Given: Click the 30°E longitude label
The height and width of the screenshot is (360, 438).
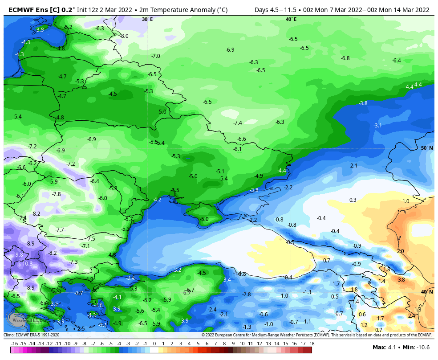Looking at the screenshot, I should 147,19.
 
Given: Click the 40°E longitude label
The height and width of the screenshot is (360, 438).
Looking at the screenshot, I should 291,19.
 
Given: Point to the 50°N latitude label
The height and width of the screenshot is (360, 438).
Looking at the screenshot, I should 427,148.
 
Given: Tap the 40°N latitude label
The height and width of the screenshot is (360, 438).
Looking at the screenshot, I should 427,292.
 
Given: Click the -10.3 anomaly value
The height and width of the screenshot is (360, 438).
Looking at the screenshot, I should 26,264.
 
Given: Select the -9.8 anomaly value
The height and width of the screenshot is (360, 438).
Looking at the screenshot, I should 18,255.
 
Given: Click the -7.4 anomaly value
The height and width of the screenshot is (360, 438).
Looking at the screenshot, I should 237,123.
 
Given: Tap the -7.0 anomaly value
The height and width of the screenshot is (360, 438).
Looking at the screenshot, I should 155,56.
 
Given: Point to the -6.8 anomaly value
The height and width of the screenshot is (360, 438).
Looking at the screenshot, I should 345,58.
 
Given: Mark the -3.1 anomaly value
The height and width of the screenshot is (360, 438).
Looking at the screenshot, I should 377,126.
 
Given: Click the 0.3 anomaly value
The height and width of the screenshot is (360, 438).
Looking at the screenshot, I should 353,200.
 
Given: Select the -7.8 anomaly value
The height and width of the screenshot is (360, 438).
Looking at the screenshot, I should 56,194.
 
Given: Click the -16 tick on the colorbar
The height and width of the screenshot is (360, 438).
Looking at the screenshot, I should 15,344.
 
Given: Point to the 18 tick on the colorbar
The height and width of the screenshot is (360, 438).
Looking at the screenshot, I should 312,344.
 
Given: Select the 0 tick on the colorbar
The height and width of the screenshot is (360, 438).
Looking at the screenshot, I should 154,344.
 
